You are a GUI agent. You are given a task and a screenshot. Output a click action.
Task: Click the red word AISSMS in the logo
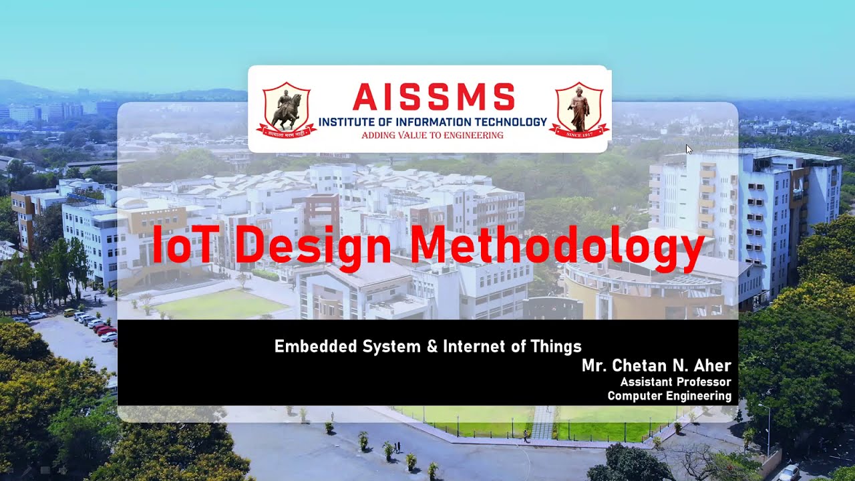tap(434, 98)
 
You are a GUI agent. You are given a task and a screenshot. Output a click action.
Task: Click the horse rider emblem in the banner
tap(287, 109)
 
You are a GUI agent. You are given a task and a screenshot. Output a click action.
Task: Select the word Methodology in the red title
tap(558, 246)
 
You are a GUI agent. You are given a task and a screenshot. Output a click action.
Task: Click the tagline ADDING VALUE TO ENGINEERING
tap(432, 135)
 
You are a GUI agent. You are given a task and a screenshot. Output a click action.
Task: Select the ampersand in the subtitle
tap(430, 347)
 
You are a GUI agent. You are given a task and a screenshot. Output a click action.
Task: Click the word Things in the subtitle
tap(556, 347)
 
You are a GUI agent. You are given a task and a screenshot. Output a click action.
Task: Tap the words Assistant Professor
tap(675, 382)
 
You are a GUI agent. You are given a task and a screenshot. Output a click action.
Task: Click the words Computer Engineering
tap(669, 396)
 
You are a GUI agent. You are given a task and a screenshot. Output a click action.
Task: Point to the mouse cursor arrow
tap(689, 149)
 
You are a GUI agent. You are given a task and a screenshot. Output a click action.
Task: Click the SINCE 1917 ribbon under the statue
tap(578, 134)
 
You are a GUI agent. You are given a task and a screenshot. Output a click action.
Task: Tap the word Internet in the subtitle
tap(478, 347)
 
